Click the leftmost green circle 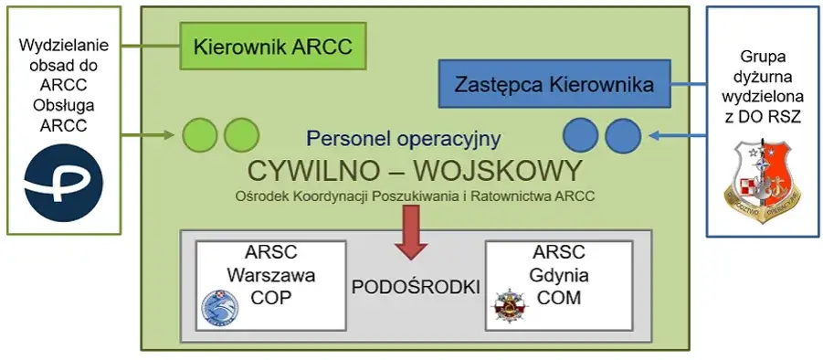point(200,135)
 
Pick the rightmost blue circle point(624,135)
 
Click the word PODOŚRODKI point(416,286)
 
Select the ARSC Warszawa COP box point(270,285)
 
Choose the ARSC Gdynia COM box point(558,285)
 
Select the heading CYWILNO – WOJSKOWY point(414,171)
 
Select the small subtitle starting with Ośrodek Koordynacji point(414,194)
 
